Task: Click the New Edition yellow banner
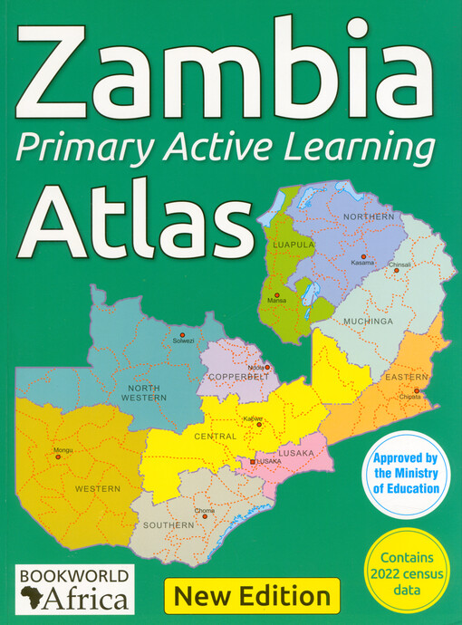[x=252, y=595]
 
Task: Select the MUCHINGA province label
[x=367, y=321]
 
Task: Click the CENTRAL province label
[x=216, y=436]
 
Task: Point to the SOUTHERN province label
[x=168, y=525]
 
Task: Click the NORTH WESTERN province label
[x=145, y=392]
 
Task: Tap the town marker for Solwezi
[x=183, y=332]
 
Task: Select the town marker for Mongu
[x=59, y=457]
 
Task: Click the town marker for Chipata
[x=416, y=390]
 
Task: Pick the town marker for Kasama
[x=362, y=257]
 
